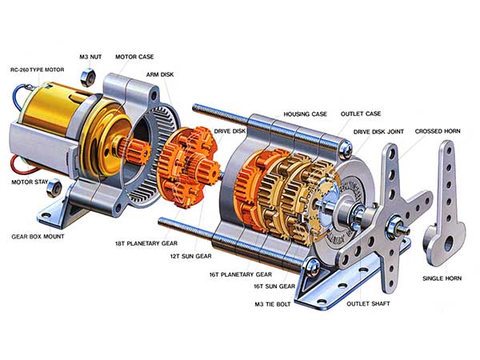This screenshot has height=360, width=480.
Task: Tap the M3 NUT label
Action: point(90,57)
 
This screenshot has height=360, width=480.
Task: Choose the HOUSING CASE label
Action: point(305,114)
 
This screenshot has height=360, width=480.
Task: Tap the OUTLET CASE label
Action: point(360,114)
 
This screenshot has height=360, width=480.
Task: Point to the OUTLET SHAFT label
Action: point(366,304)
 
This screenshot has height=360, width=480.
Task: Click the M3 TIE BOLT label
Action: point(273,304)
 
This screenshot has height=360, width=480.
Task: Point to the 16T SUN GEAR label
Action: point(275,286)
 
